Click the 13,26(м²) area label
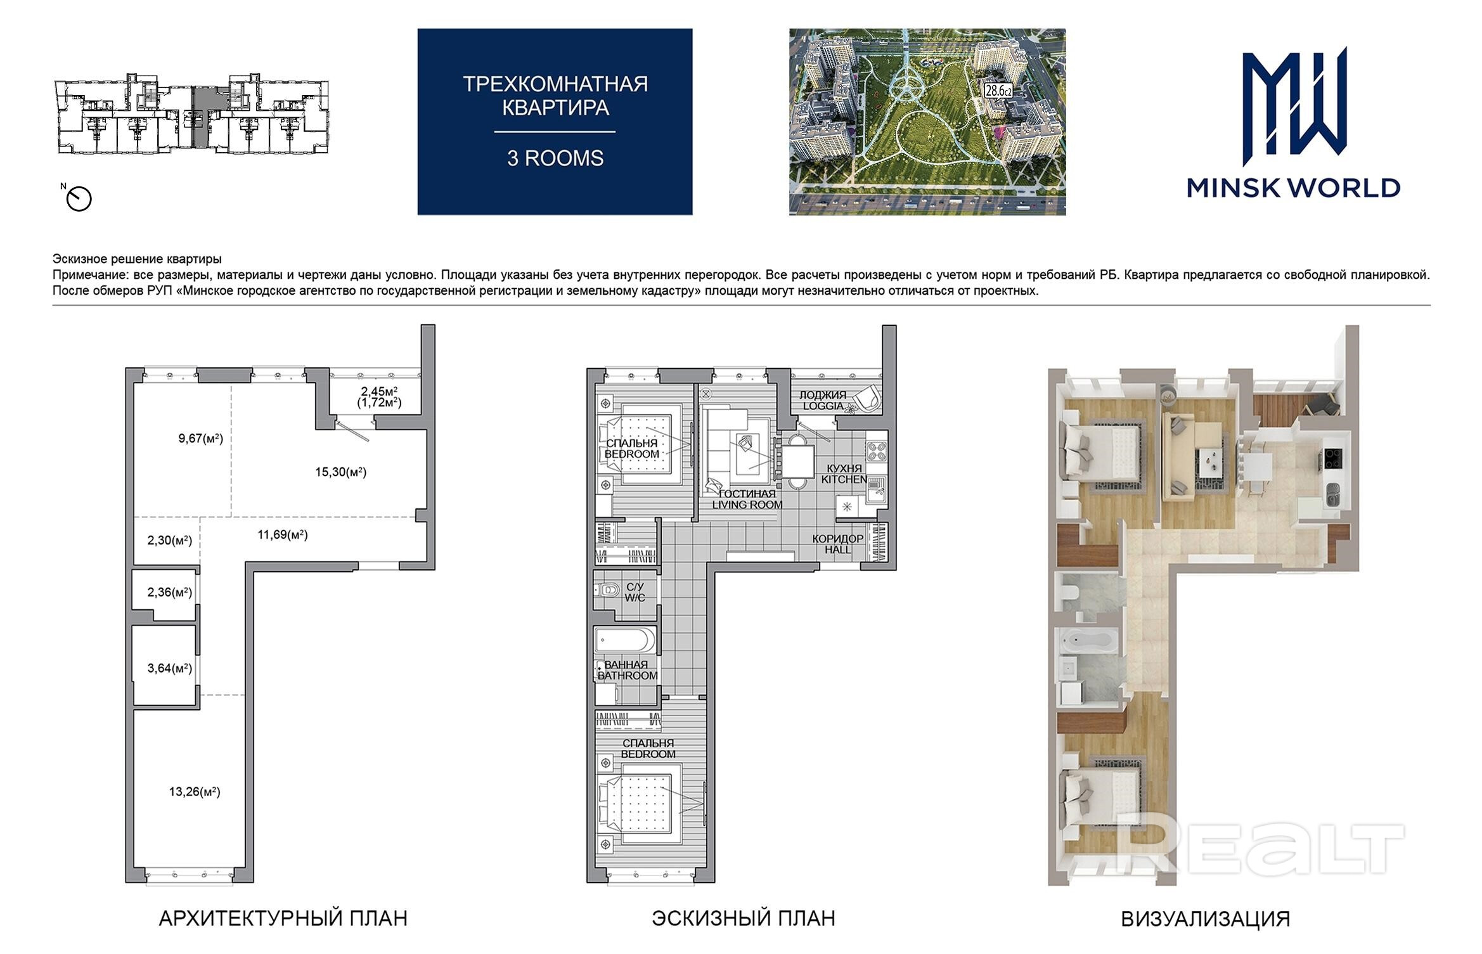click(x=195, y=792)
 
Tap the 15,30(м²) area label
click(x=341, y=472)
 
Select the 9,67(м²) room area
click(x=200, y=438)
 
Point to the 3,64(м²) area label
click(x=169, y=668)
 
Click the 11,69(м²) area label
click(x=283, y=535)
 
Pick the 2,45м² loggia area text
click(x=379, y=391)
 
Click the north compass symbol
click(x=79, y=199)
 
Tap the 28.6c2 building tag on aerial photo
click(x=998, y=91)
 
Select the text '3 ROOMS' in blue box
click(x=555, y=158)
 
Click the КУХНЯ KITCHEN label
click(x=844, y=474)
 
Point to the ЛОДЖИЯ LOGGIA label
click(x=823, y=400)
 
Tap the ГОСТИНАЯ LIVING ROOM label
click(x=747, y=499)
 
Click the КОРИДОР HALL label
click(x=838, y=544)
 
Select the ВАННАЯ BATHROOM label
click(x=628, y=670)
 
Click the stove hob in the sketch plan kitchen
click(x=877, y=451)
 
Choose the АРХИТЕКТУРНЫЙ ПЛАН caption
click(x=283, y=919)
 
